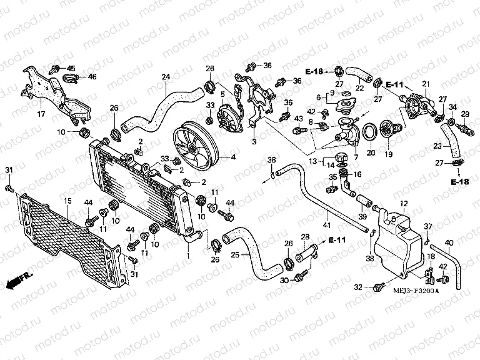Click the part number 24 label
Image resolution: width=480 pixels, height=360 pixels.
click(165, 77)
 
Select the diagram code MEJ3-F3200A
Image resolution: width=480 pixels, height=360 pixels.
click(416, 291)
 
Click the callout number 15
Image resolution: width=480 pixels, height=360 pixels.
click(67, 200)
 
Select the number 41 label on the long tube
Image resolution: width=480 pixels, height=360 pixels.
click(326, 225)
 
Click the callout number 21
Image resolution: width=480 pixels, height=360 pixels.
click(426, 84)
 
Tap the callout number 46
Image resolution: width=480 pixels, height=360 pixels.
click(92, 77)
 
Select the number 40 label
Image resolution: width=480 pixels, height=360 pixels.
click(449, 242)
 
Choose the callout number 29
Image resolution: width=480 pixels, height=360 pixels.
click(465, 114)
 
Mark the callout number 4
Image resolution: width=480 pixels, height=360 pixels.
click(233, 157)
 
